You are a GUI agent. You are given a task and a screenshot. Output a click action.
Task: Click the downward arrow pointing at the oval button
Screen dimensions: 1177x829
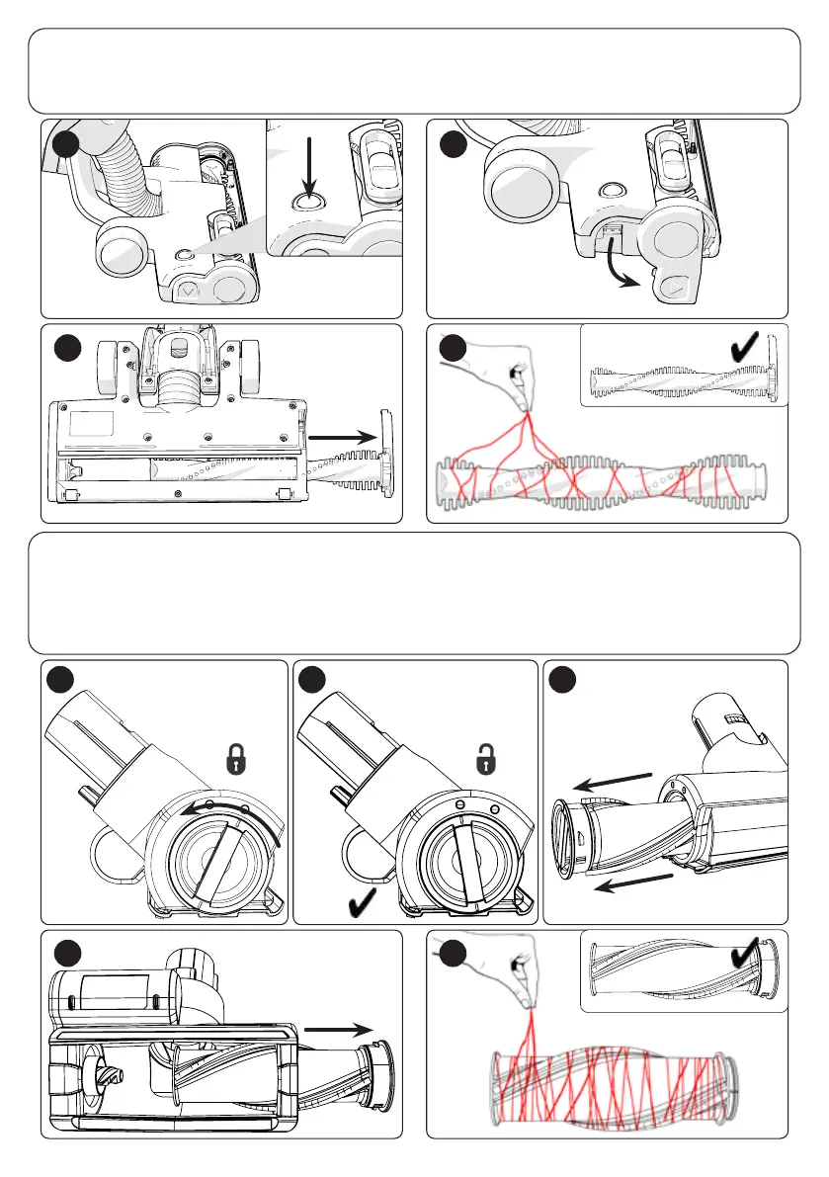pyautogui.click(x=309, y=164)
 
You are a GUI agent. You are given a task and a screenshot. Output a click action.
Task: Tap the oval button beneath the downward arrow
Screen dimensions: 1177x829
pyautogui.click(x=307, y=202)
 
